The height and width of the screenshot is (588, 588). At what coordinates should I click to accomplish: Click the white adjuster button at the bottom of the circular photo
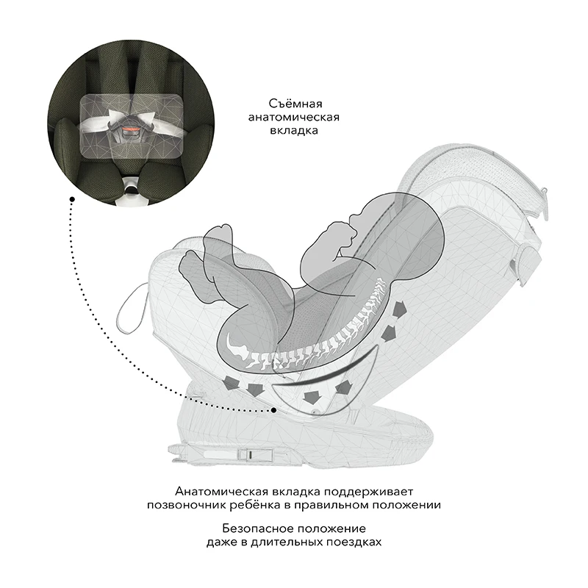click(132, 189)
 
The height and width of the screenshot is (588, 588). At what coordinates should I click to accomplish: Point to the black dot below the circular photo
click(71, 198)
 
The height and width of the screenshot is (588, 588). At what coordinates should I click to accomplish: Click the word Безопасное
click(259, 528)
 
